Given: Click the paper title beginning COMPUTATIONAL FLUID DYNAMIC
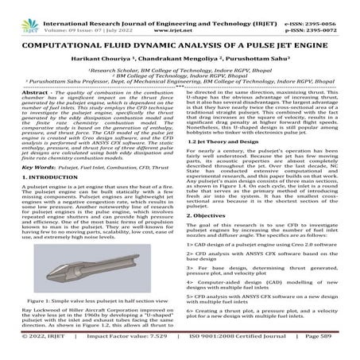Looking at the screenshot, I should [x=180, y=37].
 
